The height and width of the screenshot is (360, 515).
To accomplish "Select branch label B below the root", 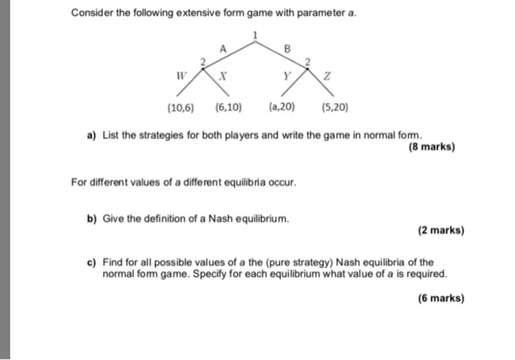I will [288, 49].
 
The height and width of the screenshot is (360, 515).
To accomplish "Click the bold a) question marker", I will [93, 135].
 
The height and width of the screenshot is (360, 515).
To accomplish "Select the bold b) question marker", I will [93, 219].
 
